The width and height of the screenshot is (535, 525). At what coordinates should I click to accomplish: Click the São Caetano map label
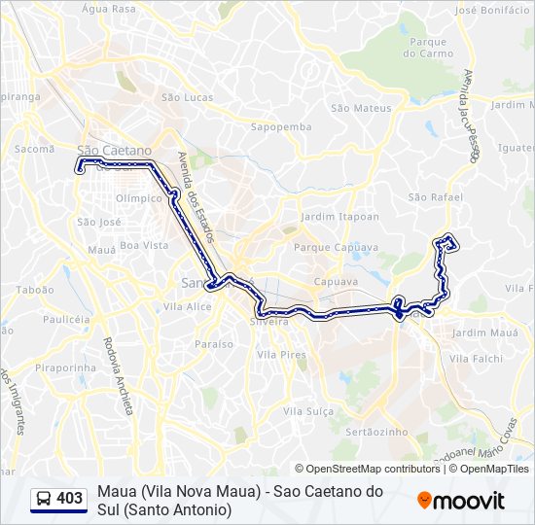tap(114, 150)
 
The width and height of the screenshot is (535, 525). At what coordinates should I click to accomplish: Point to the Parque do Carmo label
tap(428, 48)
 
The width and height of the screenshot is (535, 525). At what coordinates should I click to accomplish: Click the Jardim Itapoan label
tap(340, 216)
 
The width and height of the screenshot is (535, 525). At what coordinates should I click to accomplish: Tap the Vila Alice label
tap(188, 306)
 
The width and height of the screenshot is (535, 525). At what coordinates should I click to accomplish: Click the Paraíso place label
tap(214, 343)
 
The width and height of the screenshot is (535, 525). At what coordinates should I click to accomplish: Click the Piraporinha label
tap(65, 367)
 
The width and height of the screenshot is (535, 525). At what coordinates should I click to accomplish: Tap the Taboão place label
tap(35, 290)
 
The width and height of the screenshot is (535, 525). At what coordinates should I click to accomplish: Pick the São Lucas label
tap(187, 97)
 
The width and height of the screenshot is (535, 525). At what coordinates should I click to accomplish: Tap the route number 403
tap(70, 499)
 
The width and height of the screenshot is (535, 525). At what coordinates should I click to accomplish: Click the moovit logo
tap(461, 501)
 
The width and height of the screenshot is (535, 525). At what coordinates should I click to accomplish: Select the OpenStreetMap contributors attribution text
tap(367, 469)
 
